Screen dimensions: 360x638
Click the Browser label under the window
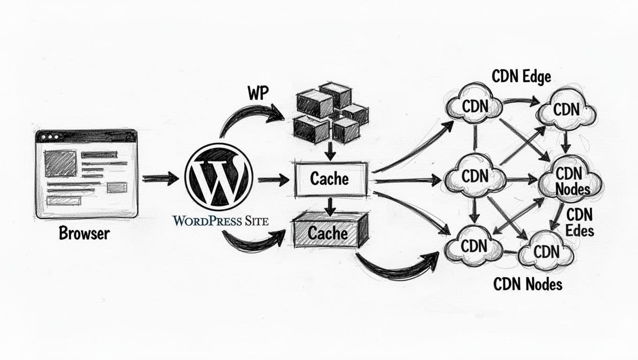[84, 233]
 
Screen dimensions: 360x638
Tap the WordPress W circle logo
[219, 177]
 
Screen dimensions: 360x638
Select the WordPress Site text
[220, 220]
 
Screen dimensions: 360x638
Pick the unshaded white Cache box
[330, 179]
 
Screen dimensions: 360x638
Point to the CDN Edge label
[521, 76]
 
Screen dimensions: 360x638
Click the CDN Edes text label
[579, 222]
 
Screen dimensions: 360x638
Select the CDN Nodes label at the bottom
[527, 283]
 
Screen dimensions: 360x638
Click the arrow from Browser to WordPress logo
[160, 178]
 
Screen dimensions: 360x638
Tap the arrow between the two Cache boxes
[330, 206]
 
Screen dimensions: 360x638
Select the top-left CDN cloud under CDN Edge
[475, 105]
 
